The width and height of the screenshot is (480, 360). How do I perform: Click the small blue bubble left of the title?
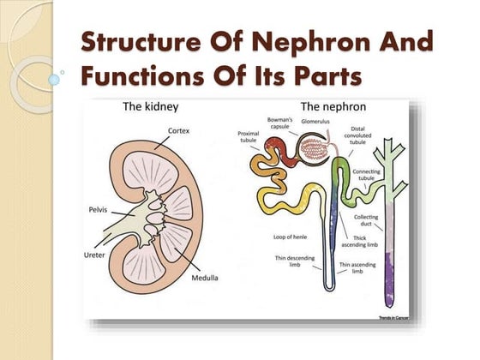pos(55,78)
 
